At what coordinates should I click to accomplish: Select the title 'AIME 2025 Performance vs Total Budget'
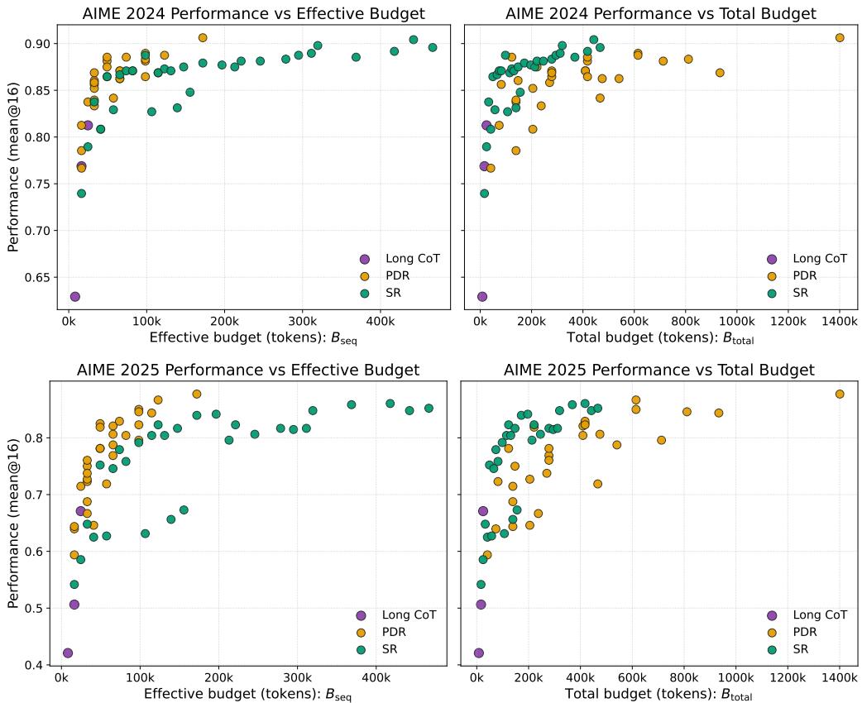(659, 370)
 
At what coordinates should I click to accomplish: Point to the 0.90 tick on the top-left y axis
(38, 43)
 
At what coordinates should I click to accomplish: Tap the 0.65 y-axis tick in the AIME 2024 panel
(38, 277)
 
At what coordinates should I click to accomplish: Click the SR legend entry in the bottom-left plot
(391, 649)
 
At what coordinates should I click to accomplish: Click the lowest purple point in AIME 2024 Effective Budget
(75, 296)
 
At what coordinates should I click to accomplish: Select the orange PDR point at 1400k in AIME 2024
(840, 37)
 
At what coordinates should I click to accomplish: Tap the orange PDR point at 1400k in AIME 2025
(840, 394)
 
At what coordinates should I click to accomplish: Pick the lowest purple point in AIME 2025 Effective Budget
(68, 653)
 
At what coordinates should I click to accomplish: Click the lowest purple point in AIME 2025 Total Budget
(478, 653)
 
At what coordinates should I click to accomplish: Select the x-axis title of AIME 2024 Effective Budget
(249, 337)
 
